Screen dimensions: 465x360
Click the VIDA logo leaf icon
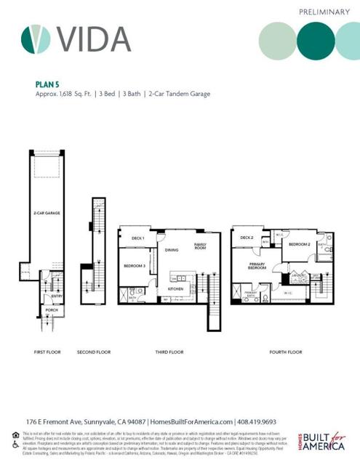(36, 39)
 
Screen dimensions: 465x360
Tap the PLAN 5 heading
(48, 84)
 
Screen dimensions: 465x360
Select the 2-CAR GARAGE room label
(45, 214)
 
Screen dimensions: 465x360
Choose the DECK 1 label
(138, 238)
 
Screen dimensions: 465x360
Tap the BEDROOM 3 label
(135, 266)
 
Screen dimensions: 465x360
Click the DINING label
(172, 250)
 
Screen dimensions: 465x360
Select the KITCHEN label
(176, 289)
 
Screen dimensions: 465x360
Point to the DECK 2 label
(247, 238)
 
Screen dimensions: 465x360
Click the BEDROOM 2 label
(299, 245)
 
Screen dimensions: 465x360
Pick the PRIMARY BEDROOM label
(257, 265)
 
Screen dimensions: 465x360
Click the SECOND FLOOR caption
(94, 352)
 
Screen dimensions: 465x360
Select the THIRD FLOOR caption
(169, 352)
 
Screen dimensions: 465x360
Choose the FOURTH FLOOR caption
(285, 352)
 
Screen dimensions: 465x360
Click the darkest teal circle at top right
(316, 40)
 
